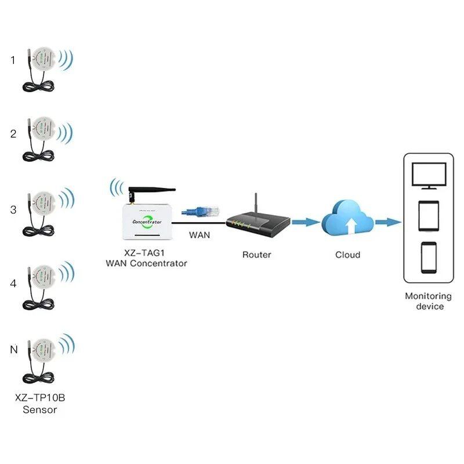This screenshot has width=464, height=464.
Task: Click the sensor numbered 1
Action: pos(44,58)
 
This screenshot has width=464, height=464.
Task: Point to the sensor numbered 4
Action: pos(44,282)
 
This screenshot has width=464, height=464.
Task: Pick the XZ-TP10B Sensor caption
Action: pos(40,404)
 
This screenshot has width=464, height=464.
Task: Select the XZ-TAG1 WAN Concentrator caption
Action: pos(146,258)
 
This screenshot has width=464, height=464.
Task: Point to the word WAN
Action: pos(200,235)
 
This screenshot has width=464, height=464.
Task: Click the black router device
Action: pos(256,223)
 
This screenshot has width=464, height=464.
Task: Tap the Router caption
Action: pos(256,254)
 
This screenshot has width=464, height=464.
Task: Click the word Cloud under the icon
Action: pos(348,254)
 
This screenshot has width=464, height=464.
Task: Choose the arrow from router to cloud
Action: pos(305,222)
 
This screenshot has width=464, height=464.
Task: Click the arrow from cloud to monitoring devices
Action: pos(387,222)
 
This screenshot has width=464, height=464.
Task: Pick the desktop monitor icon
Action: pos(429,175)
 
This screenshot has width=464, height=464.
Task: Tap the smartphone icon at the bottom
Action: pos(429,258)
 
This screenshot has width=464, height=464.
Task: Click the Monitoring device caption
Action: pos(429,300)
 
